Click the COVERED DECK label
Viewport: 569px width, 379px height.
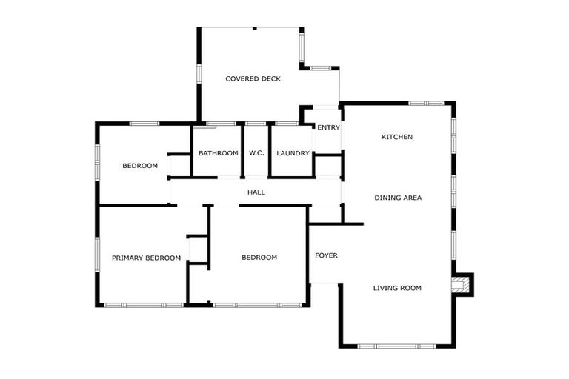click(x=253, y=78)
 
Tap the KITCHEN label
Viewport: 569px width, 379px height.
click(x=397, y=137)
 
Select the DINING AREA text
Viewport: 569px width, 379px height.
click(x=398, y=198)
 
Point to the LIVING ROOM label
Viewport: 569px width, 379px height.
click(x=397, y=288)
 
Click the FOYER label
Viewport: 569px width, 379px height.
click(x=326, y=255)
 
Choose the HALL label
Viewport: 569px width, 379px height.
click(x=256, y=192)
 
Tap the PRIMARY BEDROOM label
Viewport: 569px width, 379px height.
click(x=146, y=258)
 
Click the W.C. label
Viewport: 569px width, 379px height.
click(x=256, y=153)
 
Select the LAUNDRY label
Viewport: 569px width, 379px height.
click(x=293, y=153)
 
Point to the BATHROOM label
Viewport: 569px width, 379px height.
click(x=218, y=153)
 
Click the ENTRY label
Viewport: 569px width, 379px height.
click(x=328, y=127)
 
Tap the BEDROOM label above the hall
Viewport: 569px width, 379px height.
click(x=140, y=166)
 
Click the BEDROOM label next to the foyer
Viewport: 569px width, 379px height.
click(x=259, y=258)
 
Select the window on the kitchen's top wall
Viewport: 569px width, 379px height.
click(x=426, y=103)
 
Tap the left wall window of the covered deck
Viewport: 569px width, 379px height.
click(x=199, y=74)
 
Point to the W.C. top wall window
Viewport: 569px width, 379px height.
click(x=256, y=123)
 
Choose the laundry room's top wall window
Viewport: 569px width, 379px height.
click(x=287, y=123)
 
